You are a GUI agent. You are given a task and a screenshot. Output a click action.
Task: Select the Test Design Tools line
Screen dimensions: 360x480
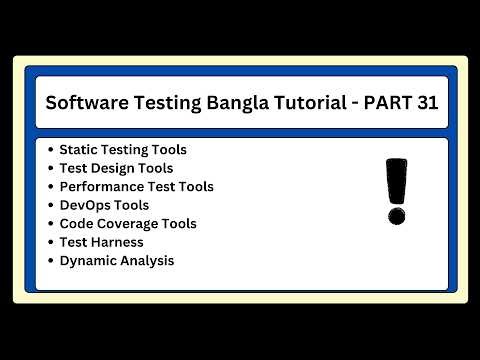click(x=116, y=168)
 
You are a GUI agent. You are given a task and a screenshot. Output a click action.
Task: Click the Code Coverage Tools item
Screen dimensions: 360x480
click(x=128, y=224)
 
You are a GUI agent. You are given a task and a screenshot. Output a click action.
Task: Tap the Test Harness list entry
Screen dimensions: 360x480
click(x=101, y=242)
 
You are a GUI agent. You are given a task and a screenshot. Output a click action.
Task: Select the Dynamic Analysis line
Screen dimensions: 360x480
click(x=116, y=261)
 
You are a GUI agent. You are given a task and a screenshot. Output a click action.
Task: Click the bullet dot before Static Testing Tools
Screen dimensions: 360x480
click(x=50, y=150)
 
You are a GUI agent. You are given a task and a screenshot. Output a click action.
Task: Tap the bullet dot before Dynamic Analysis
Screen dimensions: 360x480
click(x=50, y=261)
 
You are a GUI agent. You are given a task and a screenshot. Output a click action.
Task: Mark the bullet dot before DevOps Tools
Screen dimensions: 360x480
click(x=50, y=205)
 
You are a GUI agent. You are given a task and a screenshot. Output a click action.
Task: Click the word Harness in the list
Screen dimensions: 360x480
click(x=117, y=242)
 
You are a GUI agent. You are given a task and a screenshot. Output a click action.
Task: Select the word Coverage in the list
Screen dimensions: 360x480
click(x=128, y=224)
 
